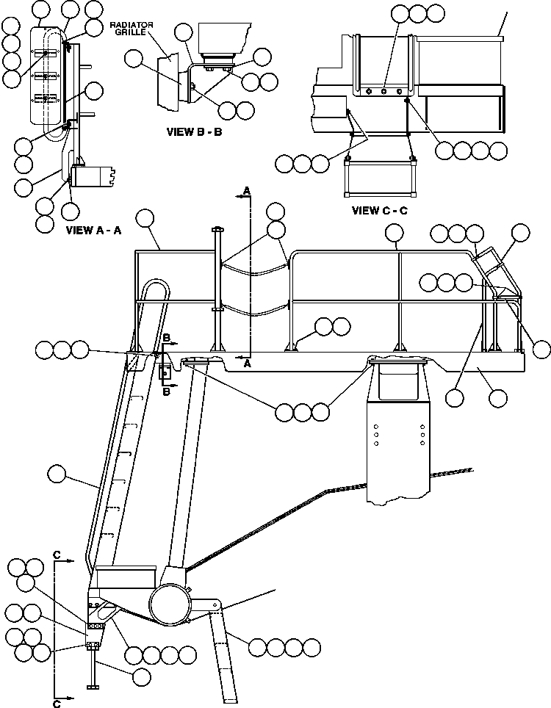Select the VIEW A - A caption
[93, 230]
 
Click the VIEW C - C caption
[379, 211]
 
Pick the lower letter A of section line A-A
[247, 363]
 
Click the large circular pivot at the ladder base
[170, 606]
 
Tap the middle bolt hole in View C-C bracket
[384, 93]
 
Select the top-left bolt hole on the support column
[376, 425]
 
